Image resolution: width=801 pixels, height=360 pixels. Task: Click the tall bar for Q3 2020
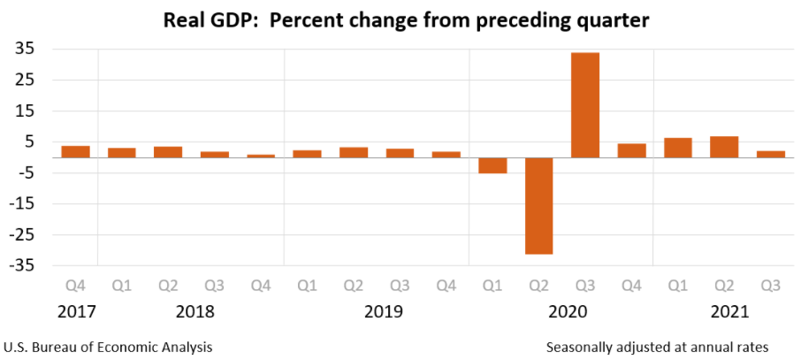point(585,104)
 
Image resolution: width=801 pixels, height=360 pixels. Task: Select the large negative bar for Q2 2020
point(538,206)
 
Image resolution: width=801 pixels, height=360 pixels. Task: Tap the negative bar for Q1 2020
point(492,165)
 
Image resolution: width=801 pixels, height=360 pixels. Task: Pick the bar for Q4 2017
point(76,151)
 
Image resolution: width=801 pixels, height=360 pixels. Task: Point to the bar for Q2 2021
point(724,147)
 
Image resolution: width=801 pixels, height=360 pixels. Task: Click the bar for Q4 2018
point(261,156)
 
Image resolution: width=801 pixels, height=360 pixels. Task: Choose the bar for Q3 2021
point(771,154)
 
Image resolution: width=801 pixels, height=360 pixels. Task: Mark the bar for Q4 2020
point(631,150)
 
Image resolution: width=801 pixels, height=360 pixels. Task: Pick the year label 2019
point(384,312)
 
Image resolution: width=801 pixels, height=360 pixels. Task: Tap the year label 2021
point(729,312)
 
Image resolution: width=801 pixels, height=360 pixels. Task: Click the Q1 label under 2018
point(122,286)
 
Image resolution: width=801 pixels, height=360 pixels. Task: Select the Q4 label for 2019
point(446,286)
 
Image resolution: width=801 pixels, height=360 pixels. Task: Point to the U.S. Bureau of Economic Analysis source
point(108,346)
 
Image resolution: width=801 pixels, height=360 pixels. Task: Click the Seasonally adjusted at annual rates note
point(658,346)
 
